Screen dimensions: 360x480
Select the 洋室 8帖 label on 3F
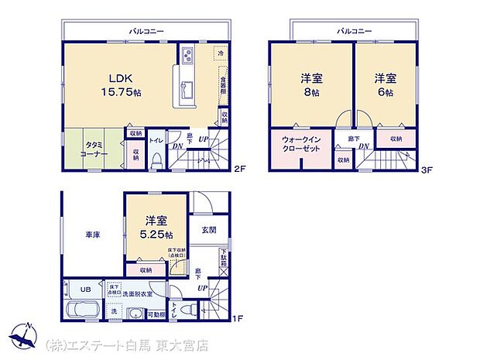coord(310,84)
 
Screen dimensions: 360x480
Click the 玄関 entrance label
coord(209,229)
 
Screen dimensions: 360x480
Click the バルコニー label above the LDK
coord(145,30)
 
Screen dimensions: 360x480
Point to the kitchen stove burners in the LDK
coord(187,55)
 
